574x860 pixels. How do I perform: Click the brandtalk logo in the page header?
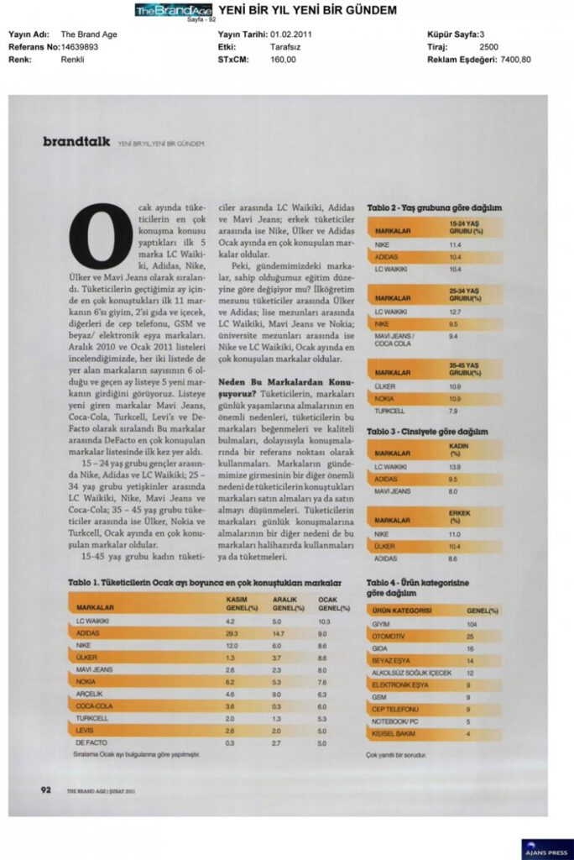(76, 142)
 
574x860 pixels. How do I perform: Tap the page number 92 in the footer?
(47, 789)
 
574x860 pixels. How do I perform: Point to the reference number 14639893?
(80, 47)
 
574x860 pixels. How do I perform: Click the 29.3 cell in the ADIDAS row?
(232, 632)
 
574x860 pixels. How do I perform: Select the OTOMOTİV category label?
(389, 637)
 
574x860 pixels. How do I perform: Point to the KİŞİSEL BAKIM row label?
(394, 734)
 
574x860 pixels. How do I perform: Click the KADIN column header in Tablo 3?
(459, 449)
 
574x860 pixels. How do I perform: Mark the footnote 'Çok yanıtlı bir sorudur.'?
(396, 755)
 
